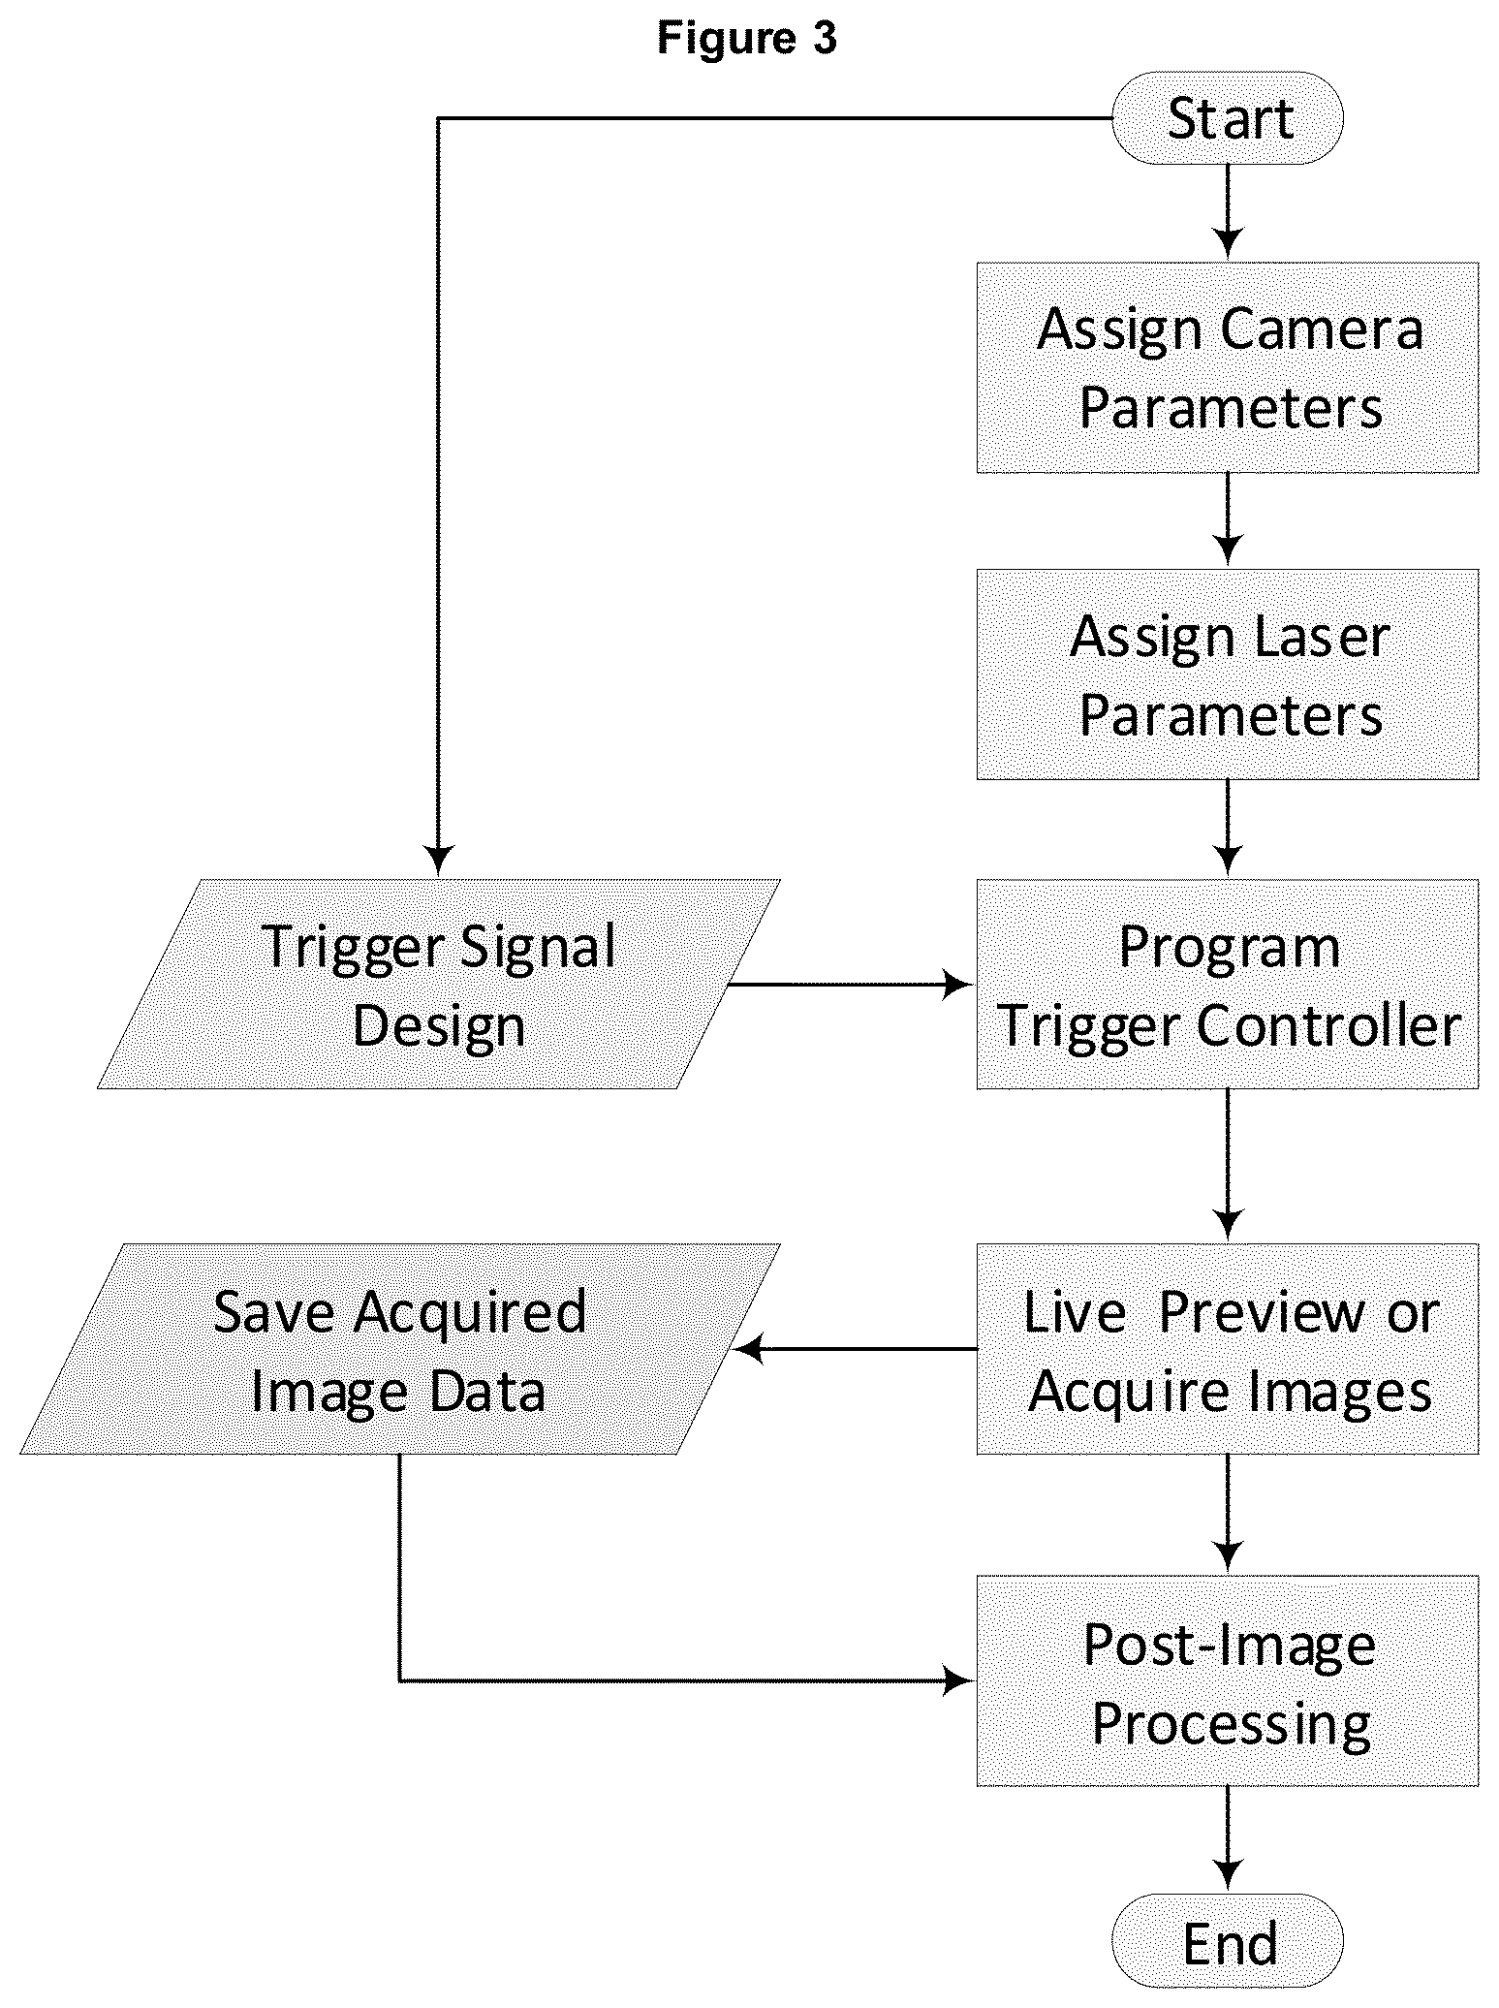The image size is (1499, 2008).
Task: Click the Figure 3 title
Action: click(x=746, y=39)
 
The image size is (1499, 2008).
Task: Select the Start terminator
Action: click(x=1228, y=118)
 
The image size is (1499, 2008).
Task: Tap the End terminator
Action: click(x=1228, y=1943)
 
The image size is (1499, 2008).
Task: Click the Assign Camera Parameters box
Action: click(x=1228, y=367)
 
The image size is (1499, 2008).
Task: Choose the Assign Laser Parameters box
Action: click(x=1228, y=675)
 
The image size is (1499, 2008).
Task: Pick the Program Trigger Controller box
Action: click(x=1228, y=985)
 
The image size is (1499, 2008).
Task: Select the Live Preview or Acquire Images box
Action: click(x=1228, y=1349)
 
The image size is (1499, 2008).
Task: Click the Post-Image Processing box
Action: click(x=1228, y=1681)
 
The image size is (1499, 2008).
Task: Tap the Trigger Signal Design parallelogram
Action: click(x=439, y=985)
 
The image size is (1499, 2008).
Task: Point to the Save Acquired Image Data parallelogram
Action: click(x=399, y=1349)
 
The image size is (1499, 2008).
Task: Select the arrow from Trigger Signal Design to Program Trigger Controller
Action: click(x=850, y=985)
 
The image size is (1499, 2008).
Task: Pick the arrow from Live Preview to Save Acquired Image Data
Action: click(x=856, y=1349)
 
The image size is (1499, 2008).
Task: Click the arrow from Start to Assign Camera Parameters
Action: click(x=1228, y=212)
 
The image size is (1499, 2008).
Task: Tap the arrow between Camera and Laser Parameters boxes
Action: click(x=1228, y=519)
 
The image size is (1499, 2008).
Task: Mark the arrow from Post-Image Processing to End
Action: click(x=1228, y=1839)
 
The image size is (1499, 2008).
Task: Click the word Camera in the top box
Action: click(x=1322, y=329)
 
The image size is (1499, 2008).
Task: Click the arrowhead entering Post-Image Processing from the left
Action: click(x=957, y=1681)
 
